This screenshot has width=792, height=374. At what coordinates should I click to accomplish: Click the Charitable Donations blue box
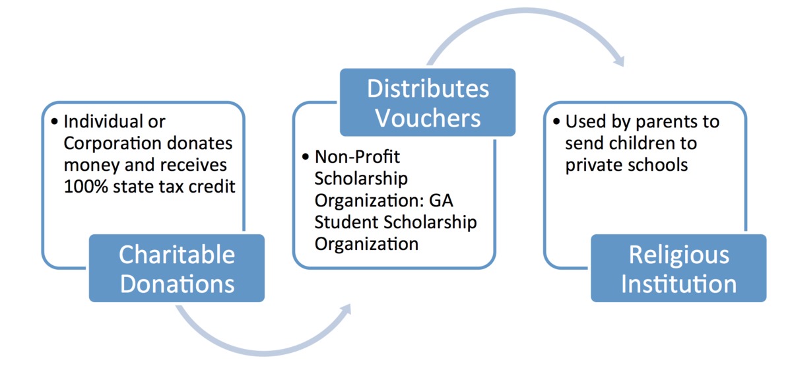tap(177, 269)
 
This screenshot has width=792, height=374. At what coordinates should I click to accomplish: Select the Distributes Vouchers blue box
tap(428, 102)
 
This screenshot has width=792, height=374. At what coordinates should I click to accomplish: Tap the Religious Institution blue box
tap(678, 269)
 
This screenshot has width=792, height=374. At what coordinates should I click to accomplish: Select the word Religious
tap(678, 255)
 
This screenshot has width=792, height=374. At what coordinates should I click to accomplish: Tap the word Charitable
tap(177, 255)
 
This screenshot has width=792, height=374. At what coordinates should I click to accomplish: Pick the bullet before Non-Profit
tap(305, 158)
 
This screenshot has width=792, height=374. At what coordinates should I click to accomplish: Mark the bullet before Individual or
tap(54, 123)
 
